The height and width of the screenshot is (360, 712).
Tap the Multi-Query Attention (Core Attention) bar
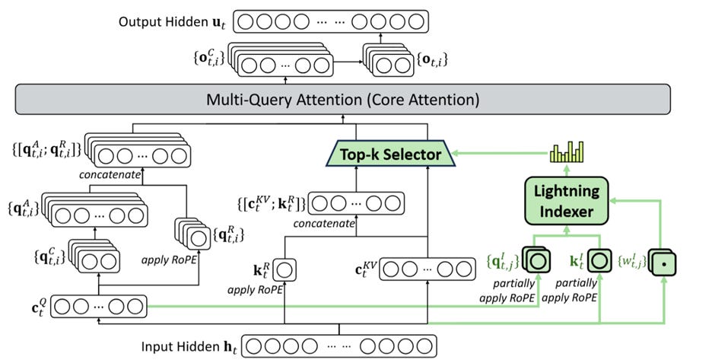[x=342, y=99]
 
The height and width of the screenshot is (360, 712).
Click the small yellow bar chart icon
[x=565, y=153]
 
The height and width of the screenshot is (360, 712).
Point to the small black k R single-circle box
[x=286, y=269]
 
